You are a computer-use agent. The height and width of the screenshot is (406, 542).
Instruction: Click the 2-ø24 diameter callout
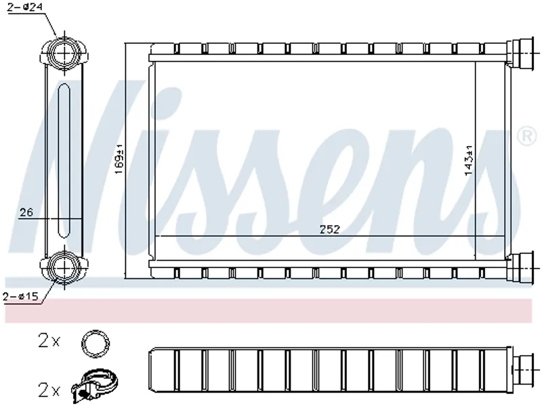(25, 7)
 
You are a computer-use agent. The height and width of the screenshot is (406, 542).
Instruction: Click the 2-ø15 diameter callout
(20, 296)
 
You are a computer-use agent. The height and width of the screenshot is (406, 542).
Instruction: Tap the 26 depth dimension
(26, 212)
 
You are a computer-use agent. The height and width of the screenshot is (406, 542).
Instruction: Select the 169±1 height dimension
(119, 160)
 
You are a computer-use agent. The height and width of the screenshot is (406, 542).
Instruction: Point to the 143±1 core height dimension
(469, 160)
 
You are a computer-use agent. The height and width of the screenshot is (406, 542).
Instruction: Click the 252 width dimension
(329, 229)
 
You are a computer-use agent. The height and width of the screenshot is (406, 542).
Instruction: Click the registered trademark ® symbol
(526, 136)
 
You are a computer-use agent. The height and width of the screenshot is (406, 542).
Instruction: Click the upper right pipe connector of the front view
(520, 53)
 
